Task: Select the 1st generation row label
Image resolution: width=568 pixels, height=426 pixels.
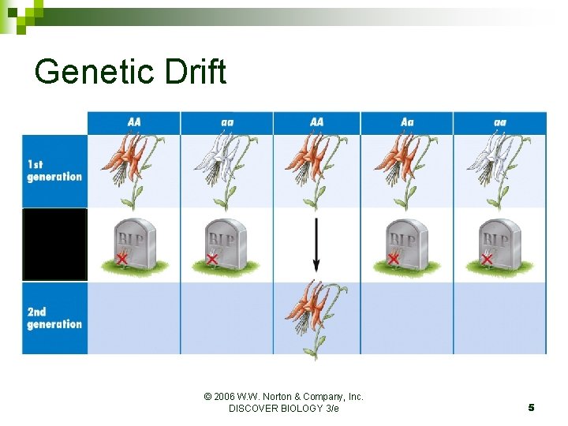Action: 54,170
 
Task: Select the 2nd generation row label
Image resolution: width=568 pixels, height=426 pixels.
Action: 54,318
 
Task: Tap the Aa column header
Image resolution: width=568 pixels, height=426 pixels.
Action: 407,122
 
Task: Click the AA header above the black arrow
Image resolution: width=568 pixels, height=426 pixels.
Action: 316,122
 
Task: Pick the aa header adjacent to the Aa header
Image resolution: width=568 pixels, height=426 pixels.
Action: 499,122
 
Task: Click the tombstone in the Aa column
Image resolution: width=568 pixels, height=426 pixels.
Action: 406,243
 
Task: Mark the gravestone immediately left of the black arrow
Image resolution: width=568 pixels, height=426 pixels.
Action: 226,243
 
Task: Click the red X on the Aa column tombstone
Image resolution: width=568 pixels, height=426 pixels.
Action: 393,258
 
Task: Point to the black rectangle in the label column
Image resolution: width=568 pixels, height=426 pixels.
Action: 54,245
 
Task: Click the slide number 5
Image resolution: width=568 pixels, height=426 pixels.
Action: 531,407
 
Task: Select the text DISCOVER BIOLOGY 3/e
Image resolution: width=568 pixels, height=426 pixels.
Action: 283,409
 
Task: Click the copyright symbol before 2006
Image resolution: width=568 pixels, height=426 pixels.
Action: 207,397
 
